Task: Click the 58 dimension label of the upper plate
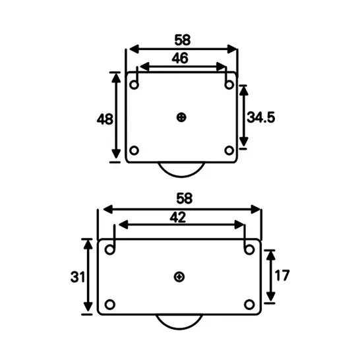pos(182,38)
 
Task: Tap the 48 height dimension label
pos(105,119)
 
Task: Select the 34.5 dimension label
pos(260,117)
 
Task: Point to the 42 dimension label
pos(178,217)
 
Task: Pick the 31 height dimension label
pos(76,277)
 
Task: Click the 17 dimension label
pos(282,276)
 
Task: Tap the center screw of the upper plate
pos(182,117)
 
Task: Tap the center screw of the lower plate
pos(179,277)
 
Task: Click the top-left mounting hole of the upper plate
pos(135,85)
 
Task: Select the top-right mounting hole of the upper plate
pos(229,85)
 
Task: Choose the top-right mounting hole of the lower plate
pos(249,250)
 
